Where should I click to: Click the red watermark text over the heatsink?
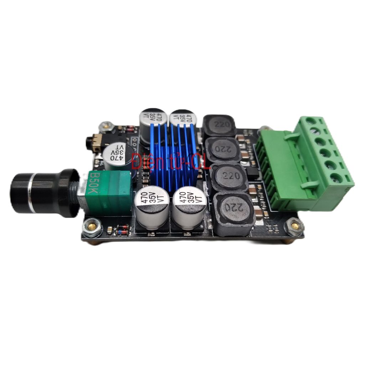tap(171, 161)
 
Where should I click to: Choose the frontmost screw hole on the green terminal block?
tap(337, 177)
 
